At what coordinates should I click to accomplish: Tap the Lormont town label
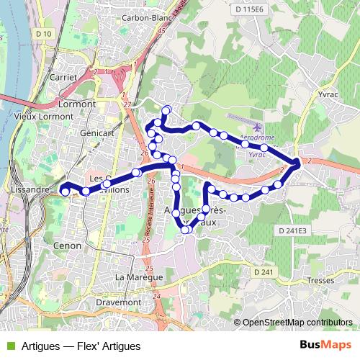click(x=76, y=104)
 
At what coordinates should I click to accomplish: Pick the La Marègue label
click(x=140, y=277)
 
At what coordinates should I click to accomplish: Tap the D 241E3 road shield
click(x=291, y=230)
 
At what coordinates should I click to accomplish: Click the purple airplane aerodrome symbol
click(x=258, y=127)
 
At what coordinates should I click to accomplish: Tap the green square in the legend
click(x=10, y=346)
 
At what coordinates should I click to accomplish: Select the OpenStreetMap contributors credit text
click(x=297, y=323)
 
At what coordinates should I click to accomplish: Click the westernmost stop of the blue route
click(x=65, y=191)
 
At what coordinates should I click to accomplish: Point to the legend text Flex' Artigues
click(x=112, y=346)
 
